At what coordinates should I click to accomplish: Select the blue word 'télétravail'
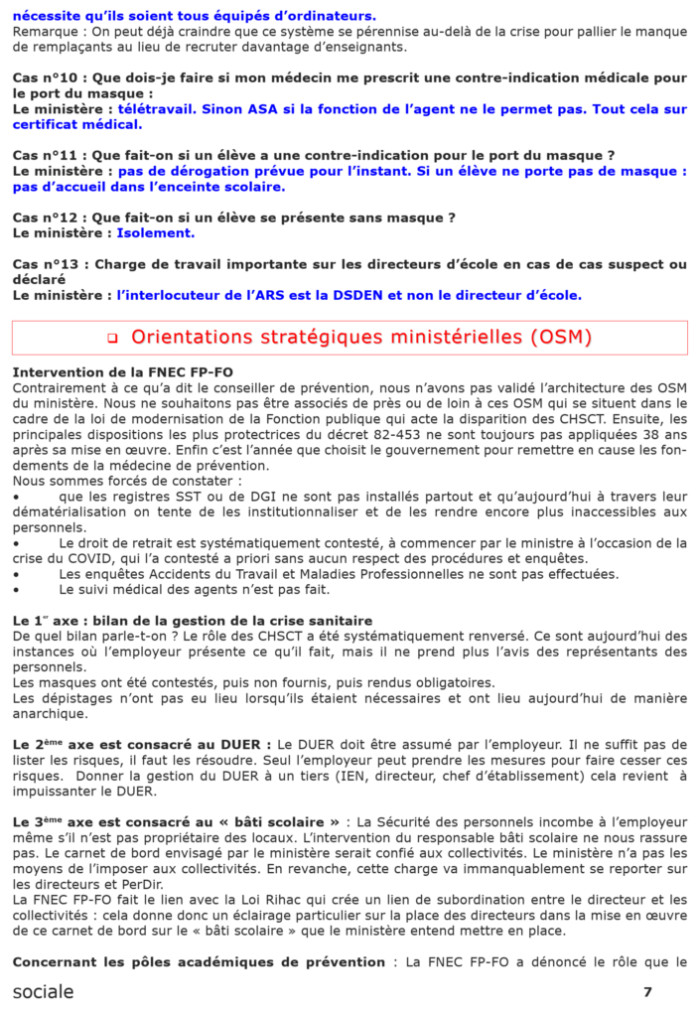pyautogui.click(x=155, y=108)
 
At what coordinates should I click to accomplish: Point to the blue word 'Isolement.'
pyautogui.click(x=156, y=233)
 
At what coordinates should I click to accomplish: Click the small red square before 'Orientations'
pyautogui.click(x=112, y=339)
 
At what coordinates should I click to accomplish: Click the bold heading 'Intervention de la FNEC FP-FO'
pyautogui.click(x=123, y=372)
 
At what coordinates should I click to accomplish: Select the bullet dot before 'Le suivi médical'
pyautogui.click(x=17, y=589)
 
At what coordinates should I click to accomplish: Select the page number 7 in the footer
pyautogui.click(x=647, y=991)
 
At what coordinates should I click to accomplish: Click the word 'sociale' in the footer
pyautogui.click(x=43, y=991)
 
